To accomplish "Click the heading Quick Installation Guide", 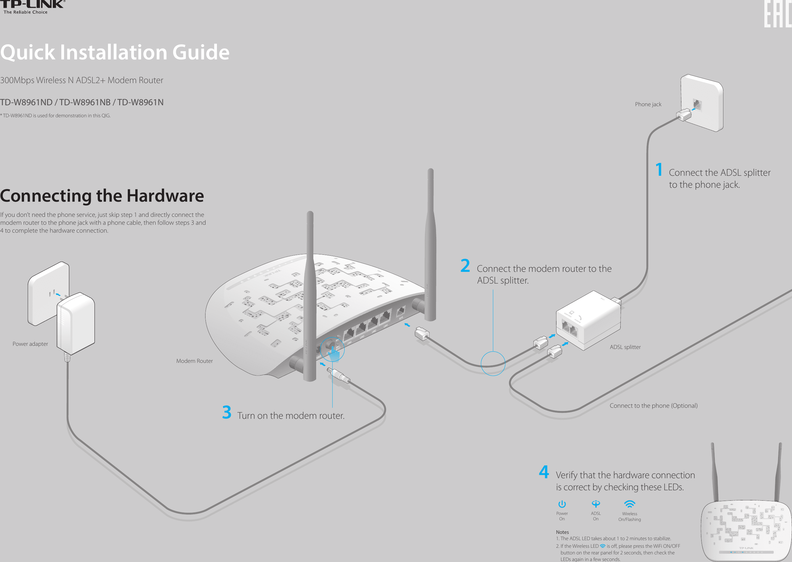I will pyautogui.click(x=114, y=52).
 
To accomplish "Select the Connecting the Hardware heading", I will pyautogui.click(x=102, y=196).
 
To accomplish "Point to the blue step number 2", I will pyautogui.click(x=465, y=266).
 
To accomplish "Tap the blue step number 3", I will pyautogui.click(x=227, y=412).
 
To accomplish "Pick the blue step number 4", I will pyautogui.click(x=544, y=472).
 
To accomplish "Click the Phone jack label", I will pyautogui.click(x=648, y=104).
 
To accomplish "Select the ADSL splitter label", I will pyautogui.click(x=625, y=347).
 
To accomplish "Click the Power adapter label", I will pyautogui.click(x=30, y=344).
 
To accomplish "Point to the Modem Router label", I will pyautogui.click(x=194, y=361).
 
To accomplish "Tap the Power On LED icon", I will pyautogui.click(x=562, y=504).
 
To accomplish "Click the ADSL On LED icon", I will pyautogui.click(x=596, y=504).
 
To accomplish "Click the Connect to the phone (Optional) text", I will pyautogui.click(x=653, y=406).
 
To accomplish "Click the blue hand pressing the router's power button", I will pyautogui.click(x=334, y=353).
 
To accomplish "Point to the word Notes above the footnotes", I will pyautogui.click(x=562, y=532).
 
